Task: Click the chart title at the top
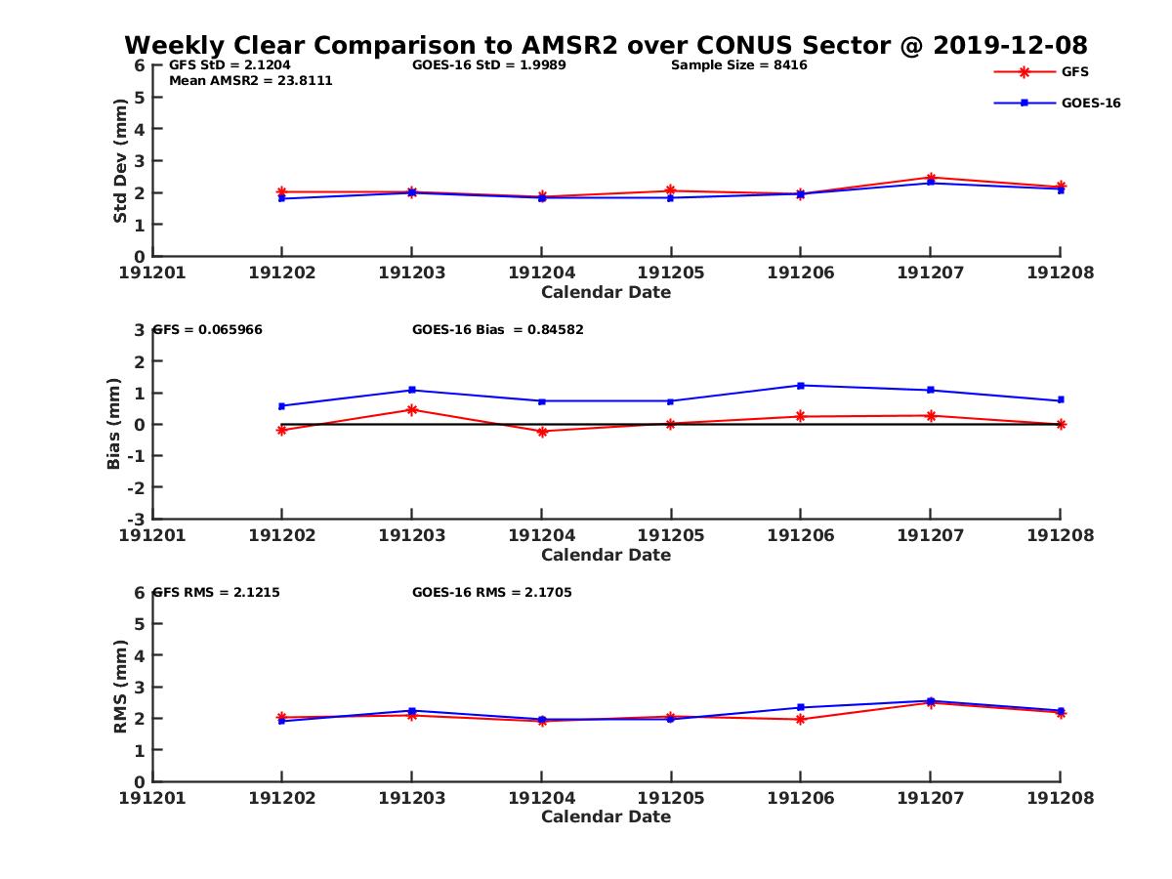tap(606, 46)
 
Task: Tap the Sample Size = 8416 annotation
tap(738, 65)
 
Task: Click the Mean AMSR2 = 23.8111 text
tap(251, 81)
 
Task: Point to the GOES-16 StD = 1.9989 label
tap(489, 65)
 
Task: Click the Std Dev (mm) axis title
tap(120, 160)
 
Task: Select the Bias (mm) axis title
tap(114, 424)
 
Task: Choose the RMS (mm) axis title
tap(120, 687)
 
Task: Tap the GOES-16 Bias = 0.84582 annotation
tap(497, 330)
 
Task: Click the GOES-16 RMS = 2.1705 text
tap(491, 592)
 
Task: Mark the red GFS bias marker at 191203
tap(411, 409)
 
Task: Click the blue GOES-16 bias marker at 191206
tap(800, 385)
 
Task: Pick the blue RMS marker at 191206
tap(800, 707)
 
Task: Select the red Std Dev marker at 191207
tap(930, 177)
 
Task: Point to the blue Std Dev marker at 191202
tap(281, 198)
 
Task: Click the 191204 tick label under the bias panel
tap(541, 535)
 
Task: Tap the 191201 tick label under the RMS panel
tap(152, 798)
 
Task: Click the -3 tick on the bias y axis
tap(138, 519)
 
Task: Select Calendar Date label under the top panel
tap(606, 292)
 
